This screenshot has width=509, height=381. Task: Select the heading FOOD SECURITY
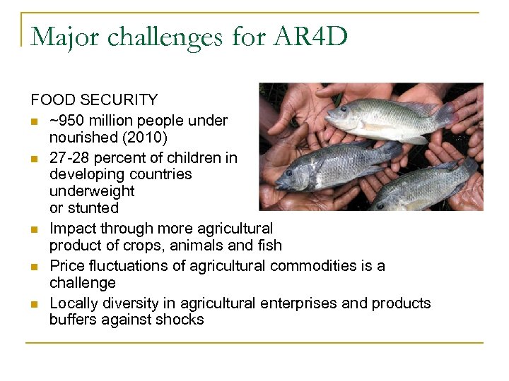coord(94,100)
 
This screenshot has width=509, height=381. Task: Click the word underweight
coord(92,191)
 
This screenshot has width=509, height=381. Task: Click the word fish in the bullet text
coord(268,246)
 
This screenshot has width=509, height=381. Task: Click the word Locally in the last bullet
coord(74,303)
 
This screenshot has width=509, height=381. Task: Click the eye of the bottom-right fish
coord(379,200)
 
